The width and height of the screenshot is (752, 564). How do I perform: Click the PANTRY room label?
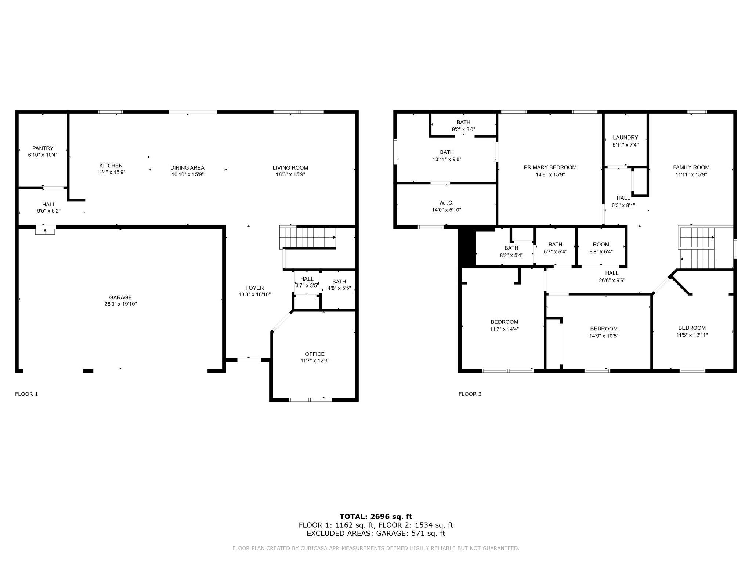43,148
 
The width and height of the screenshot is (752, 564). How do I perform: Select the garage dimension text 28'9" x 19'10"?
120,304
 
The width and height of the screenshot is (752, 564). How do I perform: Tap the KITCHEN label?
111,166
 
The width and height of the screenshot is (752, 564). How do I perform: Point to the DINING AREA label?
187,168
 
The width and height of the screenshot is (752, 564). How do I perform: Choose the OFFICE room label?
315,354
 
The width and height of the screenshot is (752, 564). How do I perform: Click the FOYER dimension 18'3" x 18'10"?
254,294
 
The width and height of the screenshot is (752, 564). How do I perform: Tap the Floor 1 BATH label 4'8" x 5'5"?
339,282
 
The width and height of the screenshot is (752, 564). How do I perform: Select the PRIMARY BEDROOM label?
550,167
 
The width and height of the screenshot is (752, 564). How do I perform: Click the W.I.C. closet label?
446,203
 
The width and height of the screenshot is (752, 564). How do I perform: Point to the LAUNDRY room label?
625,138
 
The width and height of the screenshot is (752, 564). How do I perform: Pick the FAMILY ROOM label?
691,167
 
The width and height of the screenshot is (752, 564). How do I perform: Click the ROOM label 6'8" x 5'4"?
601,245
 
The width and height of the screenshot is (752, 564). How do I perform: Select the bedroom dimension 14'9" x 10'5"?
604,336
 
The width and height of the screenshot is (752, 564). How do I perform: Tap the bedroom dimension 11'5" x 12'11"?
692,335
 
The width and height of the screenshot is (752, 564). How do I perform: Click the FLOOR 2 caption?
470,394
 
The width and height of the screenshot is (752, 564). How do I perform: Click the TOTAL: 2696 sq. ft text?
376,517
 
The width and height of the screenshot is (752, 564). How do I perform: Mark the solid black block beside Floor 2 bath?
467,248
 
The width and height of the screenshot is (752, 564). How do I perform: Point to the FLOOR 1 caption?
26,394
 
